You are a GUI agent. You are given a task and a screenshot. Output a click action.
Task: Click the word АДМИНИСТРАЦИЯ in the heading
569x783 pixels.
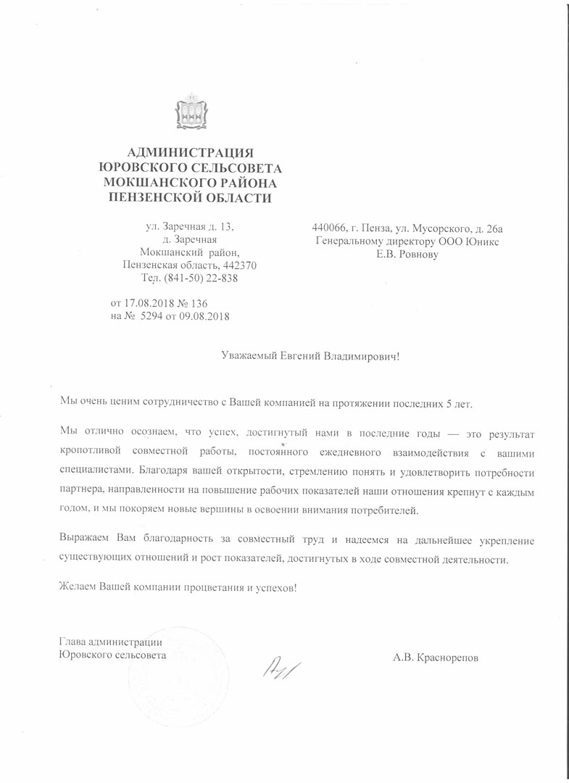coord(191,152)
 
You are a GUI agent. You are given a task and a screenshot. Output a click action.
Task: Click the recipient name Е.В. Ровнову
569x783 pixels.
coord(407,254)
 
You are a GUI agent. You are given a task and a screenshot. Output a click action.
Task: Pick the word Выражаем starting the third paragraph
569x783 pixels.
coord(82,539)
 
